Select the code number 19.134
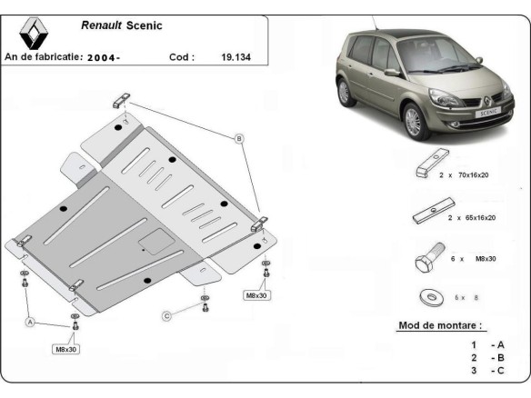click(x=235, y=56)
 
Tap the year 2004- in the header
click(x=106, y=57)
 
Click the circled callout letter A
click(x=30, y=322)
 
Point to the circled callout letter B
click(x=239, y=138)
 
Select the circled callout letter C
click(x=166, y=315)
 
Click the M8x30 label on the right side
click(x=256, y=295)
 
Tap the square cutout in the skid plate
click(x=151, y=241)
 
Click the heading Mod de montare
click(x=441, y=324)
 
